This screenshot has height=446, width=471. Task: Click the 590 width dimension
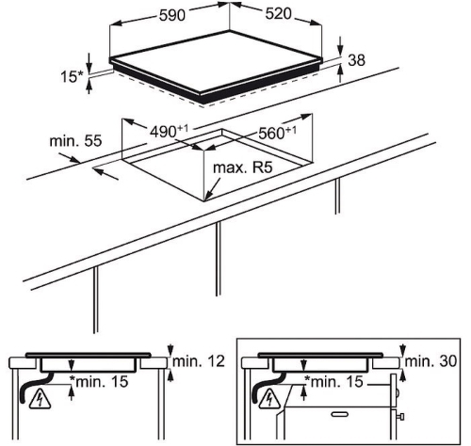pyautogui.click(x=172, y=15)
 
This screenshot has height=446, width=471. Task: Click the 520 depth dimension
pyautogui.click(x=279, y=14)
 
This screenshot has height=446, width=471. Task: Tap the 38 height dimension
pyautogui.click(x=357, y=60)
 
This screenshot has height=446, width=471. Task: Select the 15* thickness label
pyautogui.click(x=73, y=76)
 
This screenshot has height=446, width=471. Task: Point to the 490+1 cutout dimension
pyautogui.click(x=170, y=132)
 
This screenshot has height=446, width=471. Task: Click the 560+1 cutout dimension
pyautogui.click(x=277, y=133)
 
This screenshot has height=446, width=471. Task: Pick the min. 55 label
pyautogui.click(x=75, y=141)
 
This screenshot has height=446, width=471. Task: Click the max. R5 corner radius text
pyautogui.click(x=242, y=167)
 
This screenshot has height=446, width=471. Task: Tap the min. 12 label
pyautogui.click(x=199, y=361)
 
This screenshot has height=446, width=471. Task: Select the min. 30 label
pyautogui.click(x=430, y=361)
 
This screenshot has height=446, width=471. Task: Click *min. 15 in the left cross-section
pyautogui.click(x=99, y=382)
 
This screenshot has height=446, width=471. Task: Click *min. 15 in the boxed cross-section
pyautogui.click(x=333, y=382)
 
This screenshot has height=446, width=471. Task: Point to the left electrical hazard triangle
pyautogui.click(x=40, y=400)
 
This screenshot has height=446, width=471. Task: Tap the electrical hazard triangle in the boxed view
pyautogui.click(x=270, y=400)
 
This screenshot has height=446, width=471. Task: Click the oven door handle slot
pyautogui.click(x=340, y=414)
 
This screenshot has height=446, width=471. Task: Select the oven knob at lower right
pyautogui.click(x=400, y=417)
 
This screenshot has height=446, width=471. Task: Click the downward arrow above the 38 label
pyautogui.click(x=340, y=46)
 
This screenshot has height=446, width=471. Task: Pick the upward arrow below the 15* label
pyautogui.click(x=89, y=87)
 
